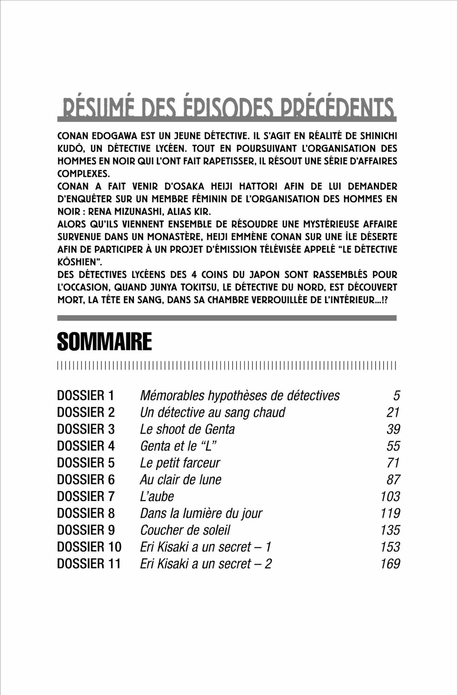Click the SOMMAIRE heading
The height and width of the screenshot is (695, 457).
(104, 342)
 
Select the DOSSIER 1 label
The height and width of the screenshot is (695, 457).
(85, 396)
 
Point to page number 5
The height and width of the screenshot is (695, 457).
(396, 396)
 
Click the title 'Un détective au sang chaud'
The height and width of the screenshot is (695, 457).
(213, 412)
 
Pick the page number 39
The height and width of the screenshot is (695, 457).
(393, 429)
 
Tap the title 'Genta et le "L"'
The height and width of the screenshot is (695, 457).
(181, 446)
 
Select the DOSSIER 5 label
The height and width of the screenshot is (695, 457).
(86, 463)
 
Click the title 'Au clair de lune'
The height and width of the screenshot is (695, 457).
(181, 479)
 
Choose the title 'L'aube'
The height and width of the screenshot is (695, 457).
(157, 496)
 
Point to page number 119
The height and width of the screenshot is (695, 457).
(390, 513)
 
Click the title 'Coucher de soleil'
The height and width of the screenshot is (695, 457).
(185, 530)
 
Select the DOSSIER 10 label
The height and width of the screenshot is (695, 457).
(89, 547)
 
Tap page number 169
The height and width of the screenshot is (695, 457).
(390, 564)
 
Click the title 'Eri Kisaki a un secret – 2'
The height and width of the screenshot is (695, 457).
(206, 564)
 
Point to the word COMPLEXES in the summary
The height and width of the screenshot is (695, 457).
(83, 174)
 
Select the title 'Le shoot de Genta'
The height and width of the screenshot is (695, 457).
(187, 429)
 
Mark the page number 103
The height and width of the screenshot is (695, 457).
(390, 496)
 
